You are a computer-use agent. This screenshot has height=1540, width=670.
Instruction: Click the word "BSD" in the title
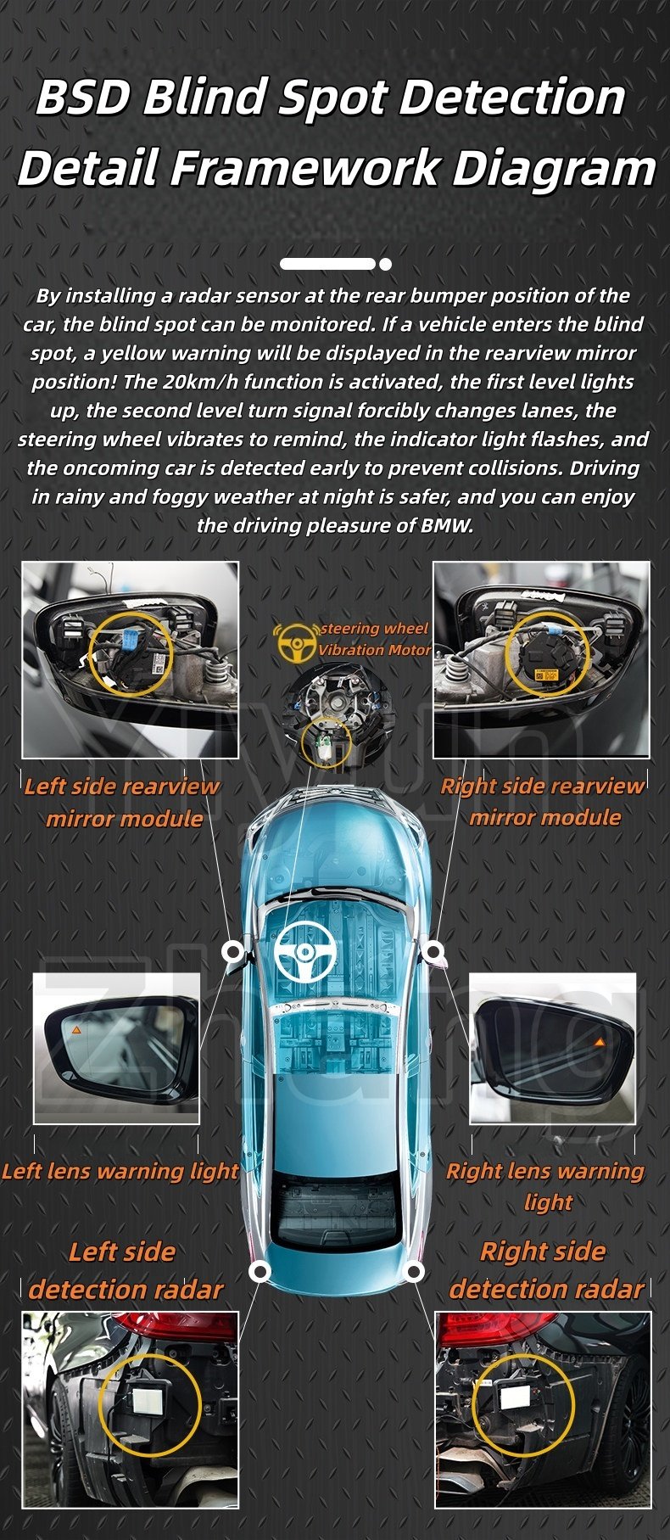(83, 98)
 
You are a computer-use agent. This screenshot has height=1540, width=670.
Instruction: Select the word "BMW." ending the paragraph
(447, 525)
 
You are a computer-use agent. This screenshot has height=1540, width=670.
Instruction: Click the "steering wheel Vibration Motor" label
(374, 639)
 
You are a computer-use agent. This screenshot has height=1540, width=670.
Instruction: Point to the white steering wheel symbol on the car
(305, 950)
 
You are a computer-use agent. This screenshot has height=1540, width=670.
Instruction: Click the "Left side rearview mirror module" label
(122, 802)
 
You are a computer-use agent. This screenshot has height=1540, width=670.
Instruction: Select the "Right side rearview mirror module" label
(543, 801)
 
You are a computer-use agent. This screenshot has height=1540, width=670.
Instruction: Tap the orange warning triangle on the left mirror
(75, 1029)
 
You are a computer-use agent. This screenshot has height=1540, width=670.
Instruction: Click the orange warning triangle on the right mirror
(599, 1041)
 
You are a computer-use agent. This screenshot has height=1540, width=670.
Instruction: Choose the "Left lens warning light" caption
(120, 1172)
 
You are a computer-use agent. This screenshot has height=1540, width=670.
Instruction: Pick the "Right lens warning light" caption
(545, 1186)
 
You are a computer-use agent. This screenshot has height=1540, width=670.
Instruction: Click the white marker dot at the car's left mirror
(232, 951)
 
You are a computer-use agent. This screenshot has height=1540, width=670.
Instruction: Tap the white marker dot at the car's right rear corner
(415, 1271)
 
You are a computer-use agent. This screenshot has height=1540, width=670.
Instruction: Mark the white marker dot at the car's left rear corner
(260, 1271)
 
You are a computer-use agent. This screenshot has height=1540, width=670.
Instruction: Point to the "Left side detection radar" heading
(125, 1271)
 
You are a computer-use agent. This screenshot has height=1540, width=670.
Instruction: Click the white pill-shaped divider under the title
(327, 264)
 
